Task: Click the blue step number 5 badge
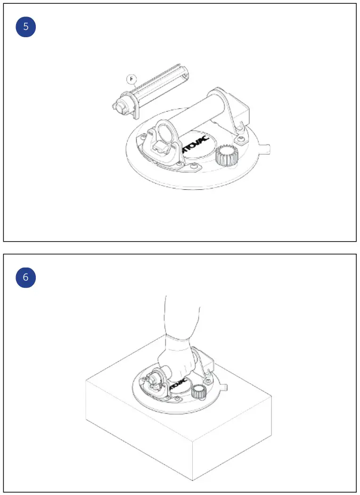(x=26, y=27)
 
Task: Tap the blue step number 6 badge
(x=26, y=277)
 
